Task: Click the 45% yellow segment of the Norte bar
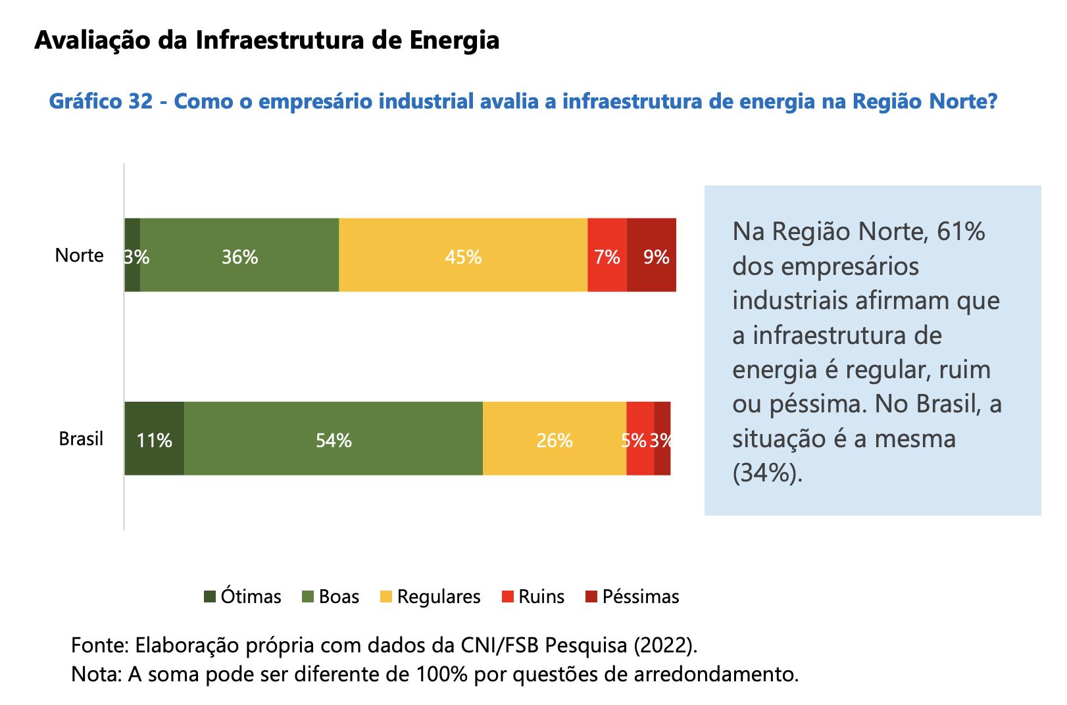tap(463, 255)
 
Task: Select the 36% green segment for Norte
tap(239, 255)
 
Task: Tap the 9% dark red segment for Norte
tap(652, 255)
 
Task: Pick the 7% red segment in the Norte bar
tap(607, 255)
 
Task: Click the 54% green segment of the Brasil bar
tap(334, 439)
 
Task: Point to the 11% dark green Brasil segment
tap(155, 439)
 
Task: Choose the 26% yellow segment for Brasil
tap(555, 439)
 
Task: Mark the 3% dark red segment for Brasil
tap(662, 439)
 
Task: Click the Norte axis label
tap(80, 255)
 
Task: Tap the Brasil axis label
tap(81, 439)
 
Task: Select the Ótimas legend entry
tap(243, 596)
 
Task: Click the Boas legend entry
tap(331, 596)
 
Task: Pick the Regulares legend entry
tap(431, 596)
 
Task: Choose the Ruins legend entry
tap(533, 596)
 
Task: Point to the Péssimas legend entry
tap(632, 596)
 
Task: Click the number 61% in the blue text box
tap(960, 231)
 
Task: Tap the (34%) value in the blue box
tap(767, 473)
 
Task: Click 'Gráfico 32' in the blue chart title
tap(101, 101)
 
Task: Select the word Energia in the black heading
tap(454, 40)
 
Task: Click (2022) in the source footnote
tap(664, 645)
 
